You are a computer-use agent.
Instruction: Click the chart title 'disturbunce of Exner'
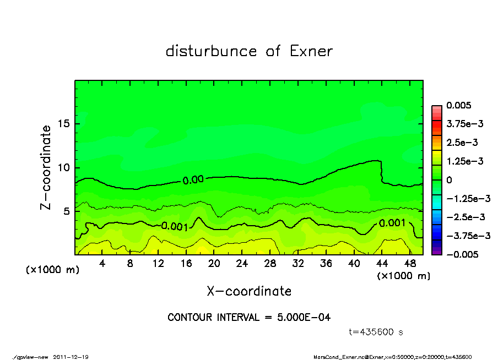click(x=249, y=52)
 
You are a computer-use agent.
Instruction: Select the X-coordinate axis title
click(x=249, y=291)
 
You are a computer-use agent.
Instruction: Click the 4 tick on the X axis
click(x=102, y=263)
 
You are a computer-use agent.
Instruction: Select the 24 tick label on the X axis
click(x=242, y=263)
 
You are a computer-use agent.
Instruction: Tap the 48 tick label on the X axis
click(x=409, y=263)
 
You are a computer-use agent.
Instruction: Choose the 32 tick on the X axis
click(x=298, y=263)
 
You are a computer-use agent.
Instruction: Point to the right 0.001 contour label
click(x=392, y=223)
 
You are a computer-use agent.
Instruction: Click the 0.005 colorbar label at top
click(x=458, y=105)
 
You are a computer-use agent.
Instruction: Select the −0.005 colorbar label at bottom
click(x=461, y=254)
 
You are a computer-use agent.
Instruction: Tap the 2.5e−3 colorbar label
click(x=462, y=143)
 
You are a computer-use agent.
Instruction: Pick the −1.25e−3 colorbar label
click(x=464, y=198)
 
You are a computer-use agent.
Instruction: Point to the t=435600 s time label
click(x=376, y=332)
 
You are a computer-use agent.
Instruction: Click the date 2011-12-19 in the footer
click(x=71, y=357)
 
